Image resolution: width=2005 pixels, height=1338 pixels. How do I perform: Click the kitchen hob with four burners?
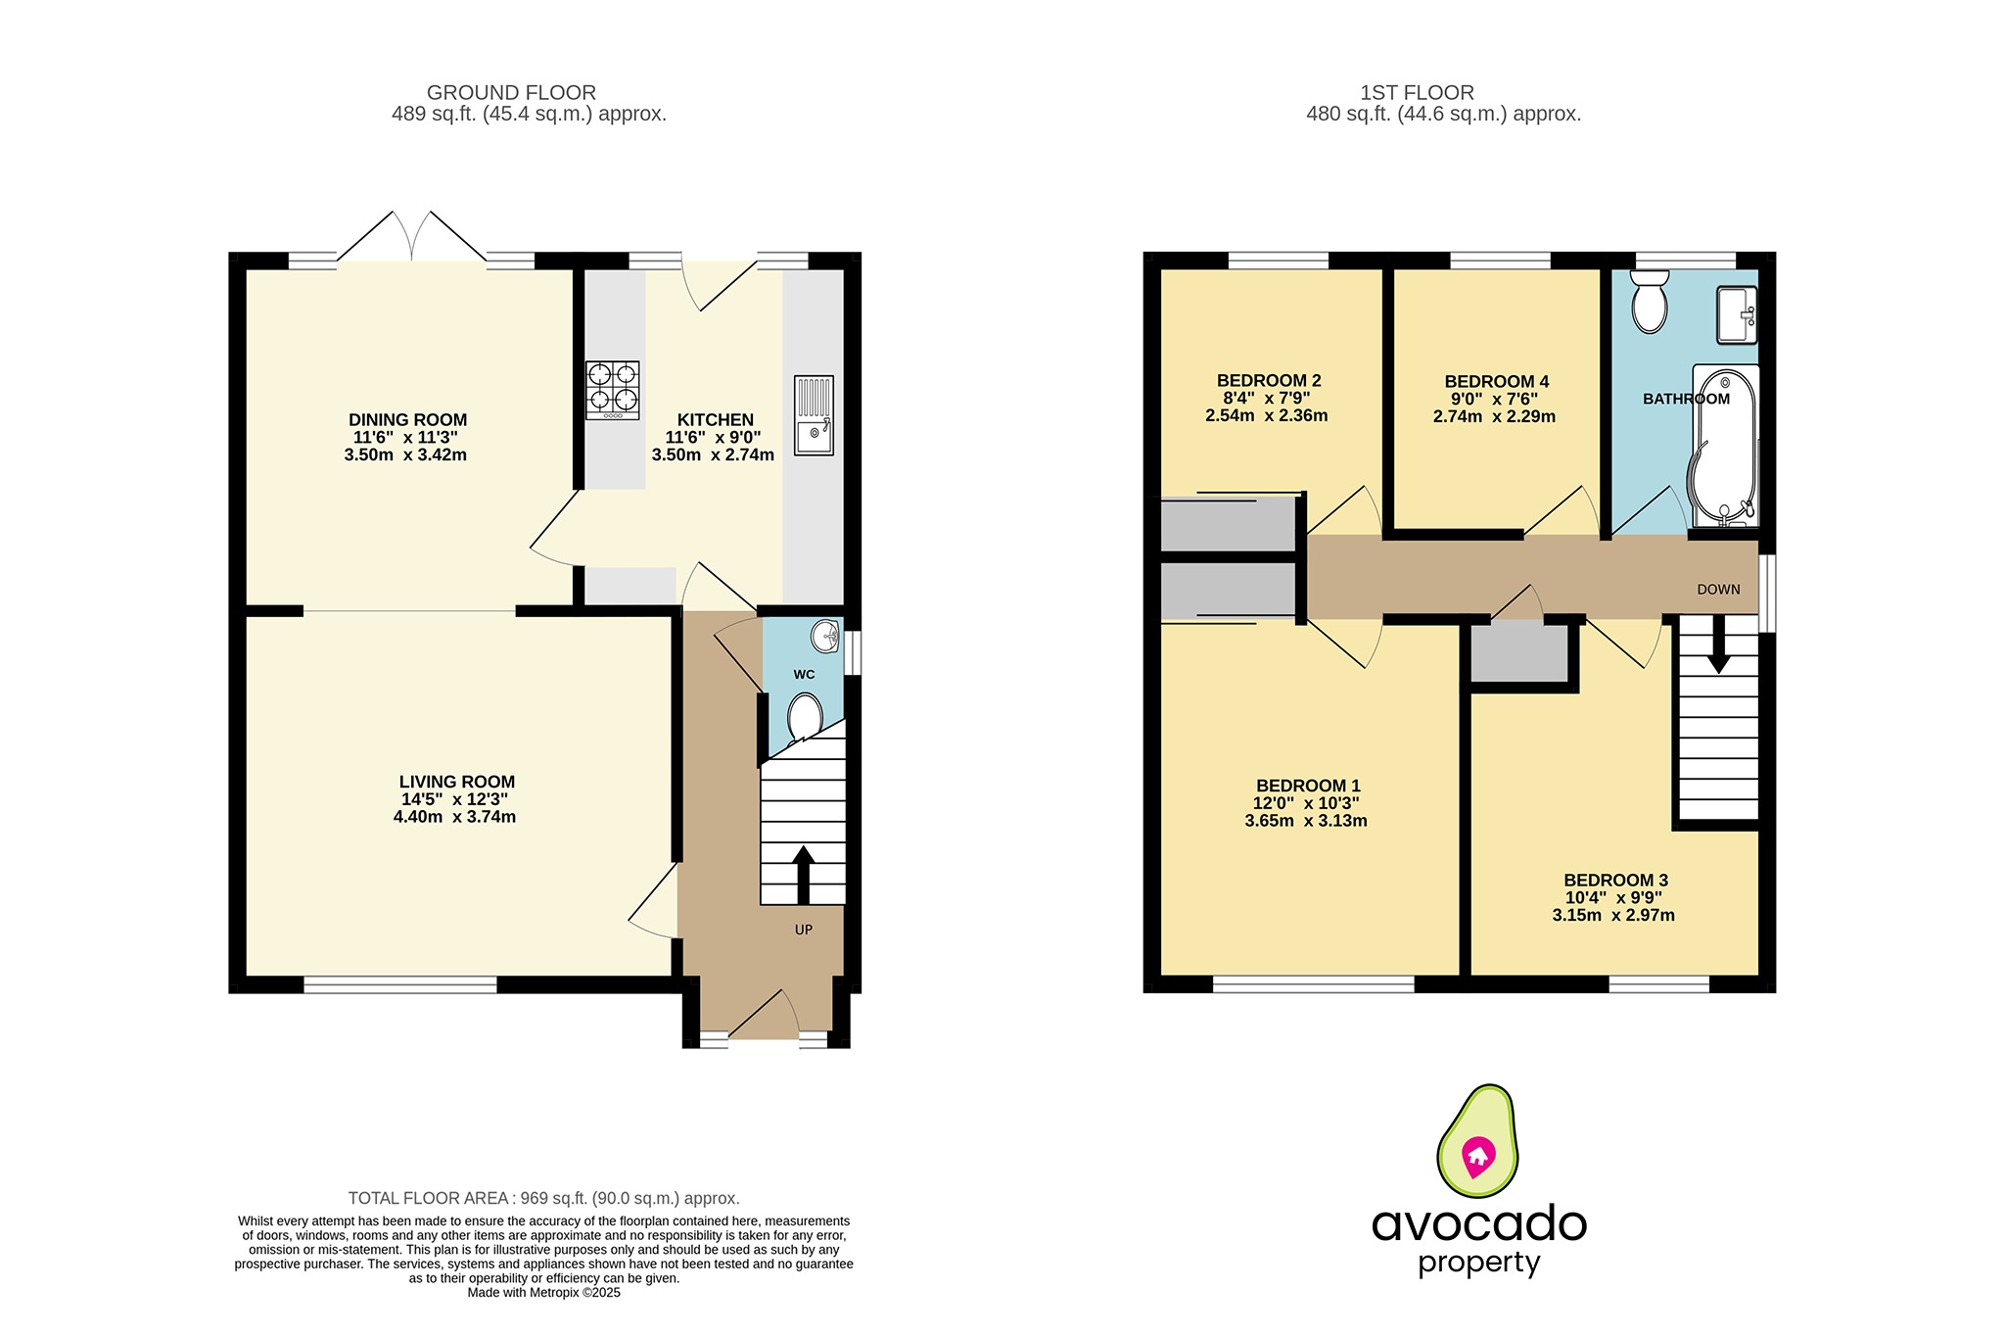613,389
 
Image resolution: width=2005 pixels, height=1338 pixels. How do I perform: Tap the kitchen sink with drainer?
814,415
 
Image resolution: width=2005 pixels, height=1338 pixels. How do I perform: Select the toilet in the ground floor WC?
805,716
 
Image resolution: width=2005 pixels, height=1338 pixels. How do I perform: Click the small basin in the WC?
825,637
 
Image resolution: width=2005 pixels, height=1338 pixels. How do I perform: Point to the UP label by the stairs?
803,930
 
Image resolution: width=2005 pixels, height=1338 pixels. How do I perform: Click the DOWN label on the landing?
1718,590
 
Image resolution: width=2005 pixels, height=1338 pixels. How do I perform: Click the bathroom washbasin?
1736,315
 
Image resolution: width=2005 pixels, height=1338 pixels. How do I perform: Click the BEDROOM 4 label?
1496,382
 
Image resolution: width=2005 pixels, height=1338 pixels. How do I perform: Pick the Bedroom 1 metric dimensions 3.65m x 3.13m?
1305,821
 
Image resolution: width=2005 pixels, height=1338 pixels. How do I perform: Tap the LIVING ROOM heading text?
456,782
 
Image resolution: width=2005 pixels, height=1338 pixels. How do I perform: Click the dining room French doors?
411,239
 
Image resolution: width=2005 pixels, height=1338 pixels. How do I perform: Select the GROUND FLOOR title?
511,93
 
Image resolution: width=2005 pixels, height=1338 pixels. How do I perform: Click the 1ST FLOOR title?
1416,93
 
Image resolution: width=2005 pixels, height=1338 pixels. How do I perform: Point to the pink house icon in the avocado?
1477,1157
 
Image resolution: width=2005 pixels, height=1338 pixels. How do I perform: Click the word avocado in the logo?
1478,1224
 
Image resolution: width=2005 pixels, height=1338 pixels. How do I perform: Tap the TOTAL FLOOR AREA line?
543,1198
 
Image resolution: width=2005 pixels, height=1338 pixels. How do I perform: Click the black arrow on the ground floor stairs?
803,872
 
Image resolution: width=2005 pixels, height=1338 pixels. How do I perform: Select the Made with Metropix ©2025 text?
543,1293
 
